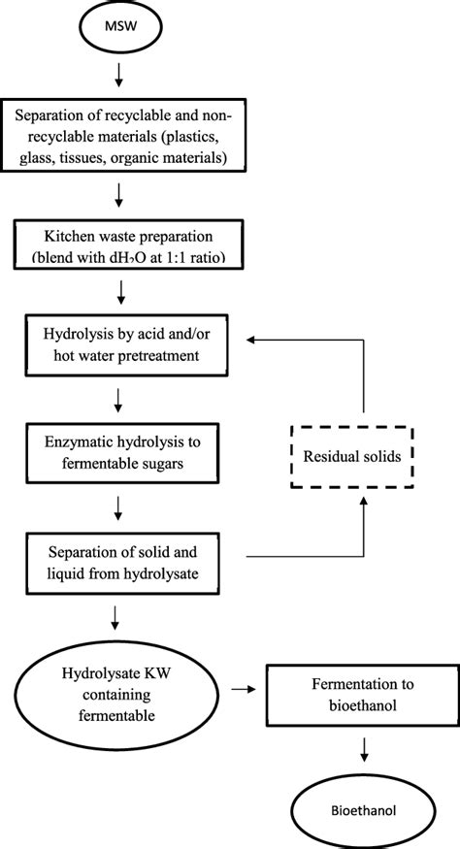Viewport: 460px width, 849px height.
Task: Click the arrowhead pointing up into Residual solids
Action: click(x=364, y=505)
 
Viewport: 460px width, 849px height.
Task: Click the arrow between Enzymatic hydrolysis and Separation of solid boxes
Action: click(x=118, y=505)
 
